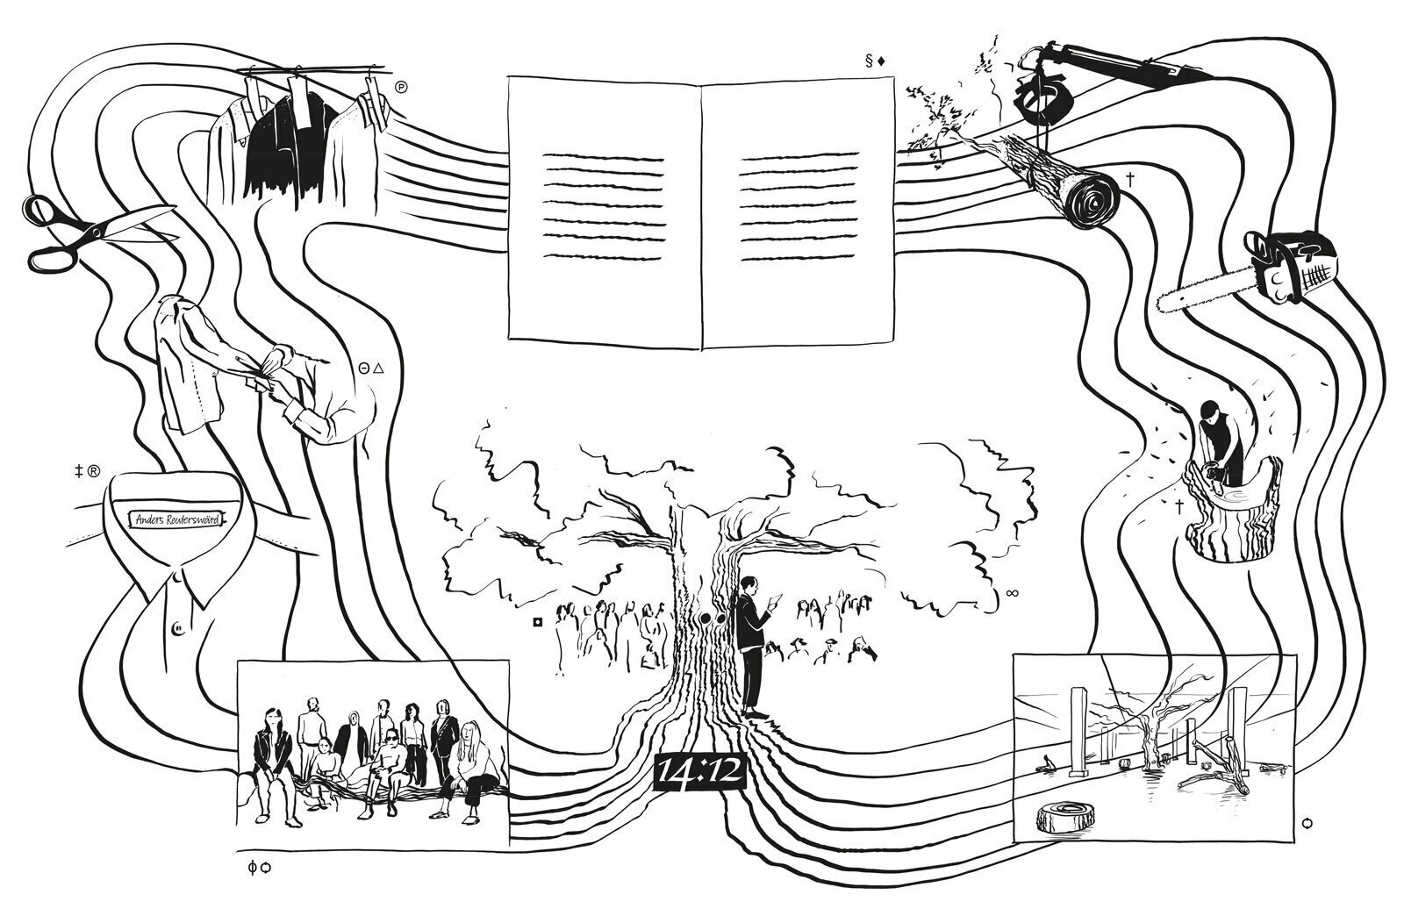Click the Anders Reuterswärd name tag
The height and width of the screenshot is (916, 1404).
tap(175, 519)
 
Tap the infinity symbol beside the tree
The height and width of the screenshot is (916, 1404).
tap(1012, 594)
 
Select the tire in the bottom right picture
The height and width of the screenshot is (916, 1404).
tap(1063, 819)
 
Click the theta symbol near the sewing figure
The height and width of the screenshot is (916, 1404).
tap(364, 370)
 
